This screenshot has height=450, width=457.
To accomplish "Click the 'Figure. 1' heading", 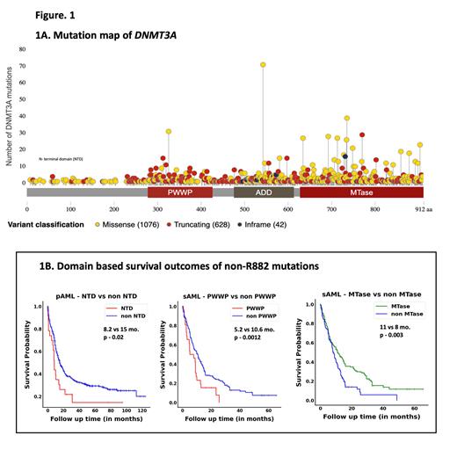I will [36, 15].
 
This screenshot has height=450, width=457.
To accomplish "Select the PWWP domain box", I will [179, 192].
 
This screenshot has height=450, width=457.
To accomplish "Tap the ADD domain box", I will [264, 192].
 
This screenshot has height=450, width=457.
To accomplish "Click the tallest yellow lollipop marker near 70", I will [262, 65].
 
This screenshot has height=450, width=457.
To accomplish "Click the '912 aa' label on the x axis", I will [424, 210].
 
